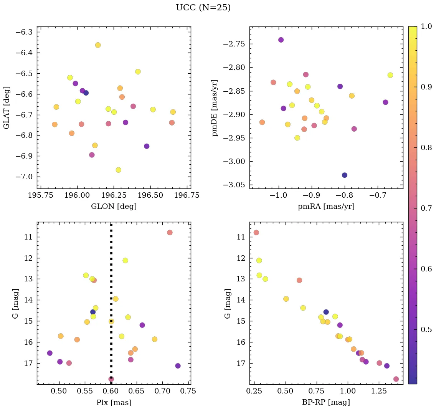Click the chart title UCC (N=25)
203,8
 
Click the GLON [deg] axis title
114,207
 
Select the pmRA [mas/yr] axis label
326,207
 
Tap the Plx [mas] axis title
114,402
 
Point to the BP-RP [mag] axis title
326,402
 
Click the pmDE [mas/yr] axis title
215,107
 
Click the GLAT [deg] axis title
7,107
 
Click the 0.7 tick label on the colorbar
427,208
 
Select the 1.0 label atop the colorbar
427,26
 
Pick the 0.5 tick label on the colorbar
427,329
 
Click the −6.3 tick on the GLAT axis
24,32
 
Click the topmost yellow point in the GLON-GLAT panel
98,45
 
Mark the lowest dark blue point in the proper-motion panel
345,175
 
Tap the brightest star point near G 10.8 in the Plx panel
170,233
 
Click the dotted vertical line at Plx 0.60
111,269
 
